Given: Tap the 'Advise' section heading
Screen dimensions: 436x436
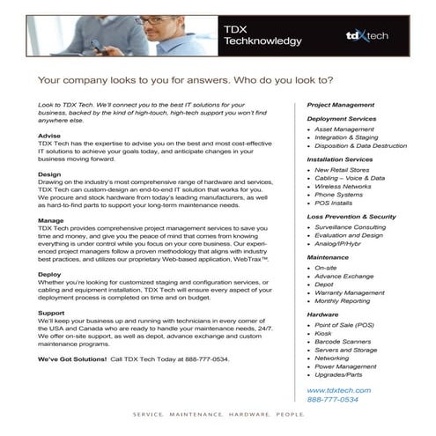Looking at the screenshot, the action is coord(50,136).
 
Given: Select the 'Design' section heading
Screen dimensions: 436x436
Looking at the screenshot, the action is coord(50,174).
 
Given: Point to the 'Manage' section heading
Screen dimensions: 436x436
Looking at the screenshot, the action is coord(51,219).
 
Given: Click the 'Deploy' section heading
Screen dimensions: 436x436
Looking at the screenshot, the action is coord(50,273).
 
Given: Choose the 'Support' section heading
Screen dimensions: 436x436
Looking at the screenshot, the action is coord(52,312).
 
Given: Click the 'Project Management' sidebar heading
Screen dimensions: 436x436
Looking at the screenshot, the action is coord(341,105).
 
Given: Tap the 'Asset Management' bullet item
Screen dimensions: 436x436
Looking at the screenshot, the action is coord(344,129).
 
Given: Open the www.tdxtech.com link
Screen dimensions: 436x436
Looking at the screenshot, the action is coord(339,389).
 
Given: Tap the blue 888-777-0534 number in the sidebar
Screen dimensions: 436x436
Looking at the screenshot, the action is coord(333,399).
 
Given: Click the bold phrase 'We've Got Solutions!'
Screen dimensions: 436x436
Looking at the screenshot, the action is coord(72,360).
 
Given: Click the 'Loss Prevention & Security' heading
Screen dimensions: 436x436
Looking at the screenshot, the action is coord(351,216).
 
